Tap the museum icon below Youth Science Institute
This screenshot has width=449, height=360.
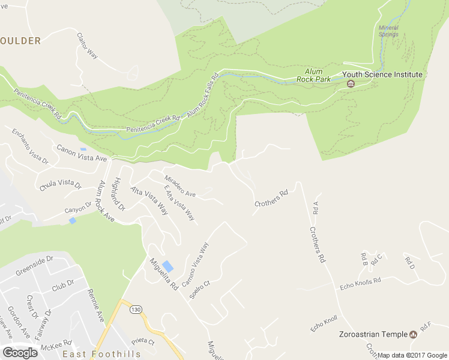pyautogui.click(x=351, y=83)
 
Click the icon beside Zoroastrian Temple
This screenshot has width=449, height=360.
pyautogui.click(x=413, y=334)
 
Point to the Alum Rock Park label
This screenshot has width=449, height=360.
pyautogui.click(x=314, y=74)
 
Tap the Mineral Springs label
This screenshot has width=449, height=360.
pyautogui.click(x=388, y=31)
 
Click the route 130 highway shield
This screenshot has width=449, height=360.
pyautogui.click(x=136, y=309)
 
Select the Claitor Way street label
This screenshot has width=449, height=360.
pyautogui.click(x=87, y=46)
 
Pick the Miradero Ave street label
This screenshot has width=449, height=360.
pyautogui.click(x=180, y=186)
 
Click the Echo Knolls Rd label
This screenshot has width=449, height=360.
pyautogui.click(x=360, y=280)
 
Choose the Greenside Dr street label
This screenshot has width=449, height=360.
pyautogui.click(x=34, y=265)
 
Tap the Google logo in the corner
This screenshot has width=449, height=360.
pyautogui.click(x=20, y=353)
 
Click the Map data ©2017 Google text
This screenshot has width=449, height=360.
pyautogui.click(x=412, y=355)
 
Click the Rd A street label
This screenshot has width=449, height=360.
pyautogui.click(x=316, y=208)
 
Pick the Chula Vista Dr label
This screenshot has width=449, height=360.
pyautogui.click(x=60, y=184)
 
